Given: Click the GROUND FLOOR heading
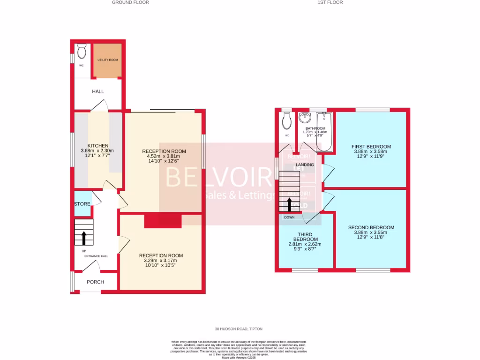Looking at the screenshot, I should point(130,2).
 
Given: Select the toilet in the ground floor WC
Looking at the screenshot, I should point(82,51).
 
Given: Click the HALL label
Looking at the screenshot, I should point(98,92).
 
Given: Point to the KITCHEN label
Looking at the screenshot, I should point(97,146).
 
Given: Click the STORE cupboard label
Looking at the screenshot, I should point(82,204).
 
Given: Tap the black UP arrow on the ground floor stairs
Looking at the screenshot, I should point(84,238).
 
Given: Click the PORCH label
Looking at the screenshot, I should point(96,282).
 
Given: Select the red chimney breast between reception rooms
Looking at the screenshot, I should point(162,220).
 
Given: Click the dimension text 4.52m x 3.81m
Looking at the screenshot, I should point(164,156).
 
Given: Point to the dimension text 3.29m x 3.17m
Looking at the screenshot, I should point(161,261).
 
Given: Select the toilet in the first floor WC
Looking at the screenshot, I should point(287,121).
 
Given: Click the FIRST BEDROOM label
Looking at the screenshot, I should point(371,147).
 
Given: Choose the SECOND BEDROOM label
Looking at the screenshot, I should point(371,228).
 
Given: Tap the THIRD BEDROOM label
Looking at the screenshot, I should point(305,236).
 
